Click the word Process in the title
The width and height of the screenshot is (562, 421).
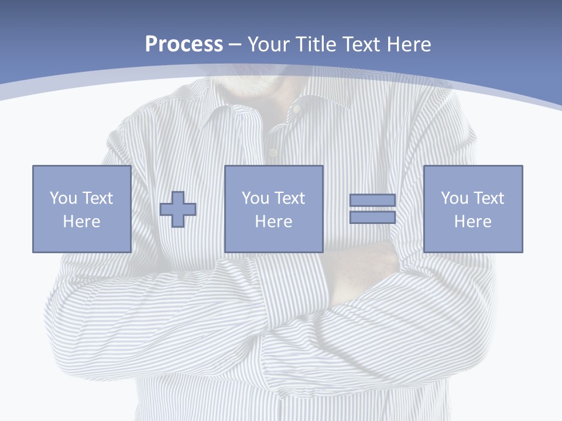tap(184, 44)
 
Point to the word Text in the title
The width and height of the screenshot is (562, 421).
tap(362, 44)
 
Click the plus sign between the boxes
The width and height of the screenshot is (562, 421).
tap(178, 209)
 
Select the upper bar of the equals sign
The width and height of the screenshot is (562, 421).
tap(372, 200)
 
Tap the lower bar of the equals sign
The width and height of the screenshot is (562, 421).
tap(372, 218)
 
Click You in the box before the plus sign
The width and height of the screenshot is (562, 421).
tap(63, 198)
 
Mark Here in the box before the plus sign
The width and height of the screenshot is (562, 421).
tap(81, 222)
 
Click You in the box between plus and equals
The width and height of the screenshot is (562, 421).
tap(255, 198)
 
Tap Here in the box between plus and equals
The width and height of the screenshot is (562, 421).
tap(273, 222)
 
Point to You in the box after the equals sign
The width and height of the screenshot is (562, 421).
tap(454, 198)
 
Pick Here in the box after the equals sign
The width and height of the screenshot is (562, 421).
tap(472, 222)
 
